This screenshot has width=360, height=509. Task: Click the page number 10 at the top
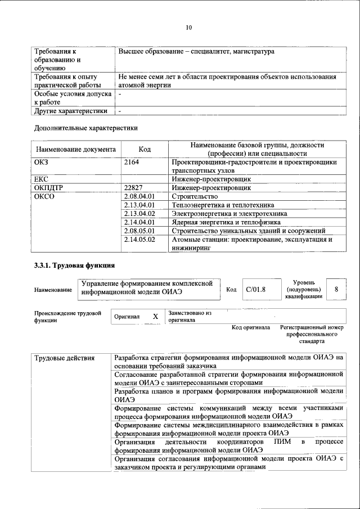188,27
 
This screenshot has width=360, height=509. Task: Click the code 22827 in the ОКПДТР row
134,188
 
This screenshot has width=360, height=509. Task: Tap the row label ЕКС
41,179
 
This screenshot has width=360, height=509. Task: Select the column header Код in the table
145,150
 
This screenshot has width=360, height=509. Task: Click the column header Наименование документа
76,150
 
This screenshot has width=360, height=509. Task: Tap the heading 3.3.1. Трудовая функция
75,264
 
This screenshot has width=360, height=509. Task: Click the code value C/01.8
255,290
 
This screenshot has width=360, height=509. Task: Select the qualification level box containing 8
336,289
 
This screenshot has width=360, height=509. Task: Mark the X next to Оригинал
155,317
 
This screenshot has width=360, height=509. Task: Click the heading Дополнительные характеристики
86,128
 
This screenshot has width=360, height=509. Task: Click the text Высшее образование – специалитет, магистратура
196,52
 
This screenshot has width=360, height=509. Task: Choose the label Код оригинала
251,327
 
